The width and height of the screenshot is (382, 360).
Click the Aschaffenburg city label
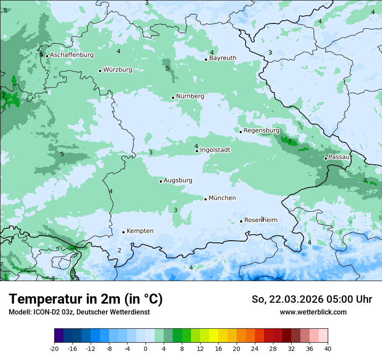[72, 55]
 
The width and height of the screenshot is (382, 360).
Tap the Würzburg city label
[118, 70]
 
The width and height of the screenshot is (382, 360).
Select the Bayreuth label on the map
[223, 58]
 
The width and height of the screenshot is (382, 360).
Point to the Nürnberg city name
[190, 96]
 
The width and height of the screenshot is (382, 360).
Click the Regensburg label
[261, 131]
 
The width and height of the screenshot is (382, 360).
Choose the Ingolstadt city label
[215, 150]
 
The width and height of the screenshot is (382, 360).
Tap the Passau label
[339, 157]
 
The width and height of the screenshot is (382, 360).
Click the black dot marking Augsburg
[161, 181]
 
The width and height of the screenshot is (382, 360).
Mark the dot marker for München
[206, 199]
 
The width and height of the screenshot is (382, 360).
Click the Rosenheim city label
[260, 220]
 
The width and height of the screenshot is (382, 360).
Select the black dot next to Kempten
[124, 232]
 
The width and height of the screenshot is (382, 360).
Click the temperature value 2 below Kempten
[119, 250]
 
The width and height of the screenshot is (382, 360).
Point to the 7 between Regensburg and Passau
[290, 141]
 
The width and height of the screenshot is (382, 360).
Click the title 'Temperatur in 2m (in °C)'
[86, 299]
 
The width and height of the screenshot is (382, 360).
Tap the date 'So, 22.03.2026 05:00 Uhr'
[312, 299]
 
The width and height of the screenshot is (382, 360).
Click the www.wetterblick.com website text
[313, 312]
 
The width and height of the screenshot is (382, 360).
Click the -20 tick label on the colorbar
[54, 348]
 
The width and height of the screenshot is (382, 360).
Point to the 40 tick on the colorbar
[328, 348]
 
